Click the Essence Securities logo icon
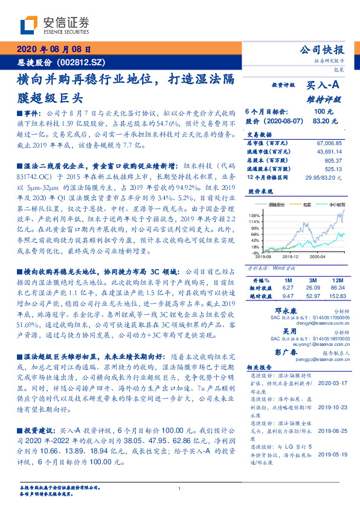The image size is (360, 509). point(29,25)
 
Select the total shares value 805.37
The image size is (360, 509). point(333,161)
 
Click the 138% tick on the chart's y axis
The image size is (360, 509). point(254,215)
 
